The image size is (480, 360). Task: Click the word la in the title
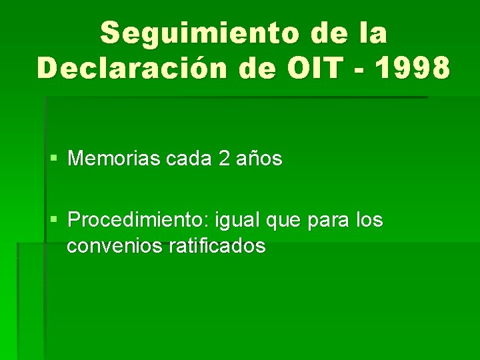[372, 33]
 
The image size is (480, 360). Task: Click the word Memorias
[106, 159]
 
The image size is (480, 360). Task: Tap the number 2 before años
[224, 159]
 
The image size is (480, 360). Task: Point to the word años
[259, 160]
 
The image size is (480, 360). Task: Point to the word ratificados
[217, 247]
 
